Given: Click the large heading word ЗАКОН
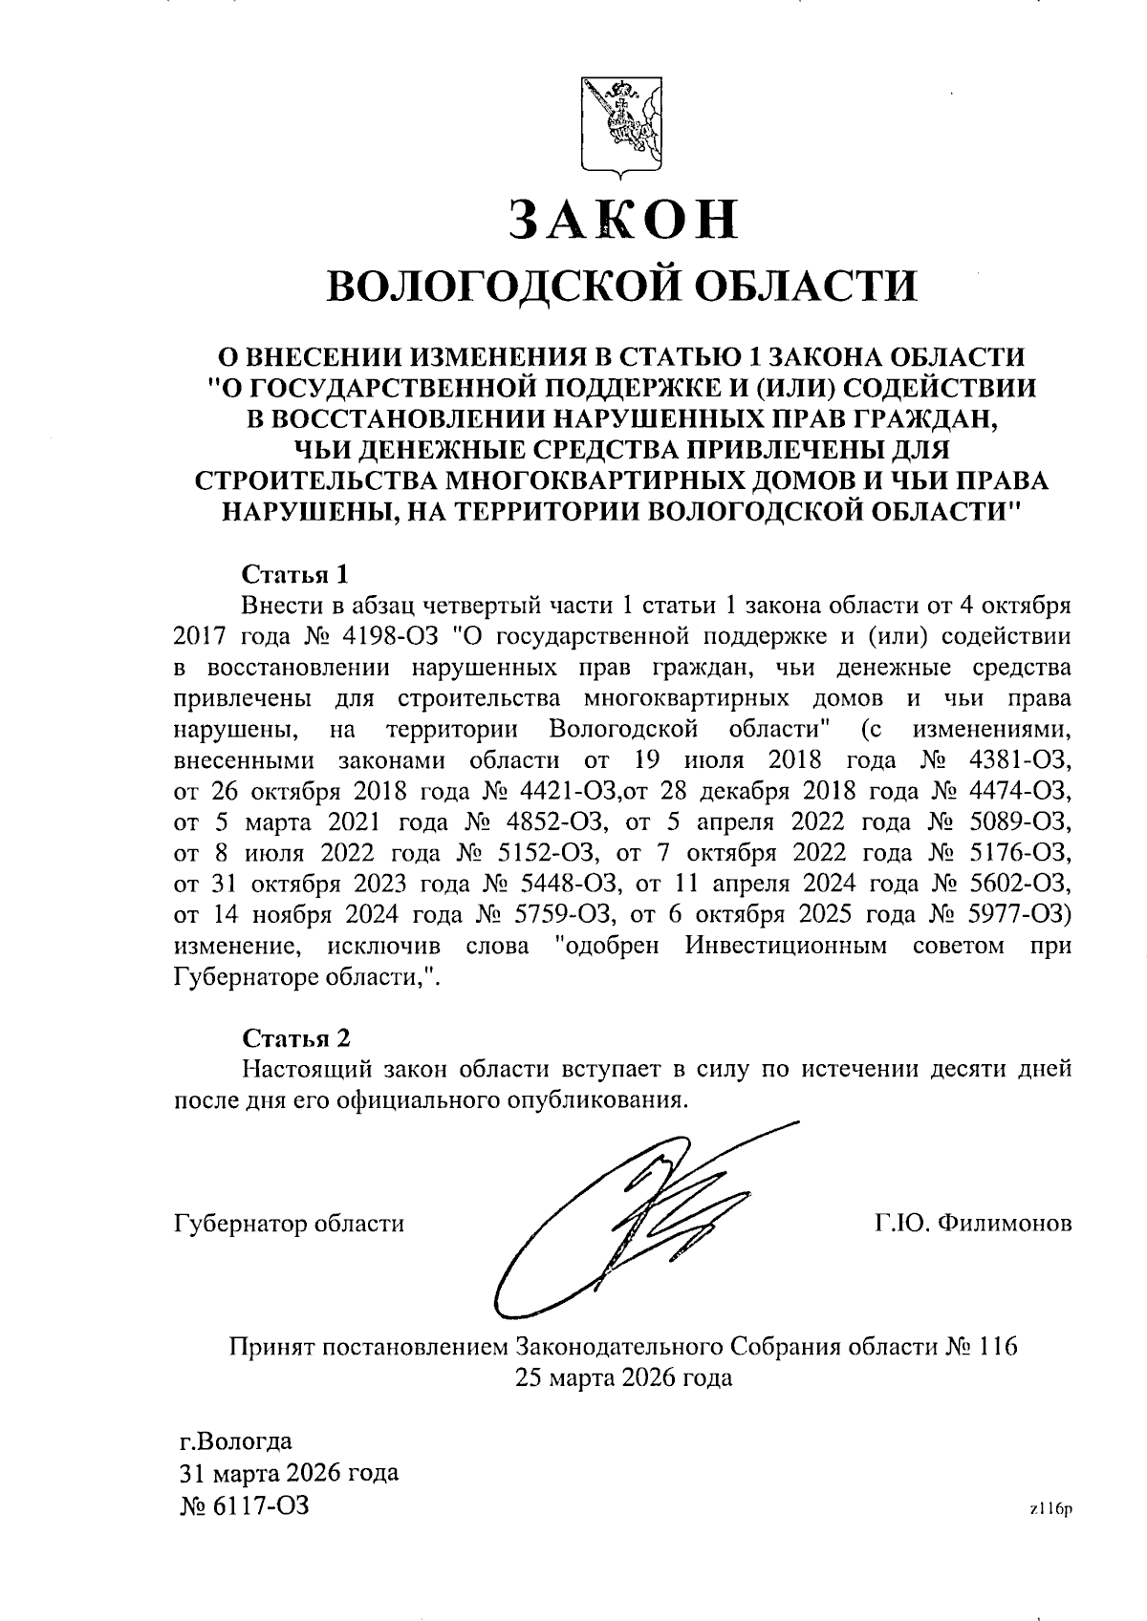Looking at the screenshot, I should click(622, 219).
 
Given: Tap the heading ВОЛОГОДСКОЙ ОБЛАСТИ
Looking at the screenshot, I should click(621, 286).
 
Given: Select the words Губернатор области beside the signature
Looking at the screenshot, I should click(289, 1224).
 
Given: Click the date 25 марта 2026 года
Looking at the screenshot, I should click(623, 1378).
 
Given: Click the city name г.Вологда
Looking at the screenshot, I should click(236, 1441).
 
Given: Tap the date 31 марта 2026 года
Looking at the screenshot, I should click(289, 1472).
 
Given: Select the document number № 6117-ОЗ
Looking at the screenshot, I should click(245, 1506).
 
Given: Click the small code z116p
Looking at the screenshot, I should click(1051, 1510).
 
